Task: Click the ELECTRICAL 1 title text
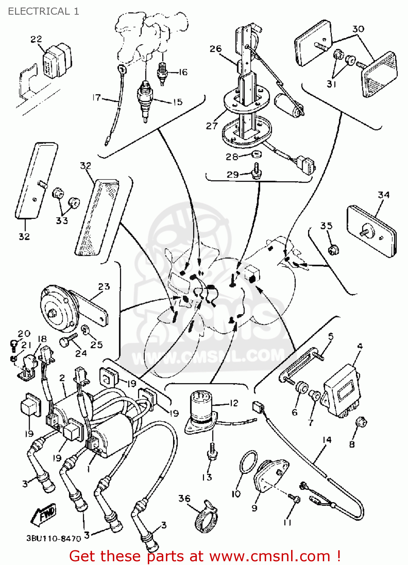[x=43, y=11]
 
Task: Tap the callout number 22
[x=36, y=39]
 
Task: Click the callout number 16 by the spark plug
[x=183, y=72]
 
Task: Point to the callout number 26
[x=215, y=49]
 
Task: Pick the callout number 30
[x=358, y=29]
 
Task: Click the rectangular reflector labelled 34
[x=371, y=231]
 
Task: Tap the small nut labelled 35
[x=333, y=249]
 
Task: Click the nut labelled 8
[x=361, y=422]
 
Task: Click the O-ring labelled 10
[x=248, y=462]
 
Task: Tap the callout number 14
[x=327, y=440]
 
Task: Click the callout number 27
[x=212, y=125]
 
